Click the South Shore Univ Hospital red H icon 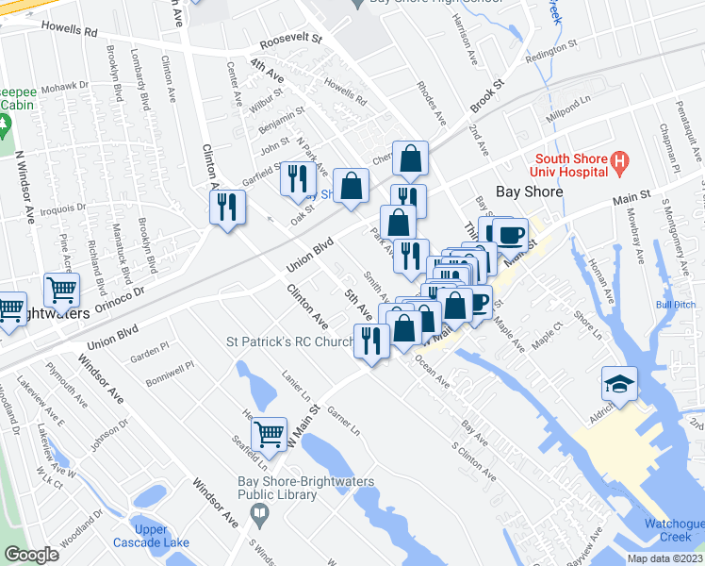click(x=619, y=163)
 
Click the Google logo click(x=31, y=555)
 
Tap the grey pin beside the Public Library click(x=261, y=514)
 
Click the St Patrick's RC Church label click(x=288, y=341)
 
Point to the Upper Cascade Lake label click(x=151, y=536)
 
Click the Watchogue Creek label click(x=675, y=530)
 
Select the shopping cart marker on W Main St click(x=270, y=434)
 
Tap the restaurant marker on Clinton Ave click(x=227, y=208)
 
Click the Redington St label click(x=550, y=47)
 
